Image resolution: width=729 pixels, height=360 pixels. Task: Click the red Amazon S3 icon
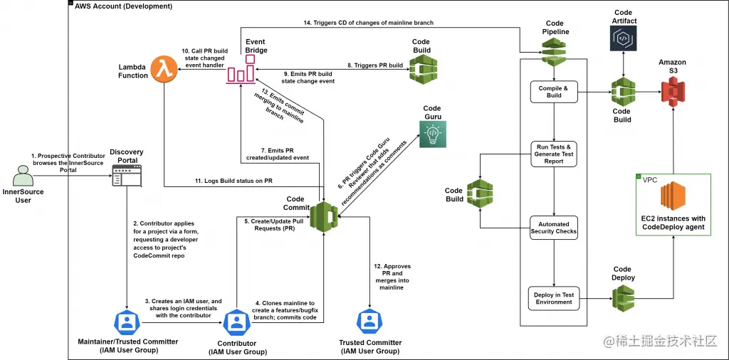[x=671, y=92]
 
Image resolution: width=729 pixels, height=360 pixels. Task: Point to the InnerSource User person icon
[x=23, y=175]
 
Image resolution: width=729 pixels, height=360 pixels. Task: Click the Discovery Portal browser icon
[x=127, y=176]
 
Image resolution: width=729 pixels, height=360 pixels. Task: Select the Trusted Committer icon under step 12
[x=369, y=322]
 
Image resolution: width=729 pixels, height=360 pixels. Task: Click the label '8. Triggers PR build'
[x=375, y=65]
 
